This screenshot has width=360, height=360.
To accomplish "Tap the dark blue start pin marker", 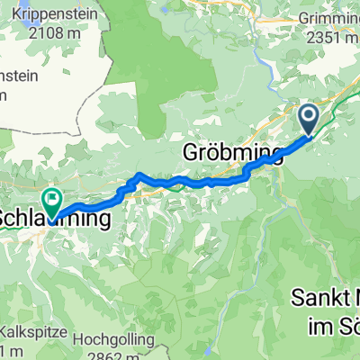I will coord(309,118).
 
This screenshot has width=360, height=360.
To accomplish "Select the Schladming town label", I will coord(56,219).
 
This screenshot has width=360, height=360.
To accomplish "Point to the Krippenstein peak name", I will coord(42,19).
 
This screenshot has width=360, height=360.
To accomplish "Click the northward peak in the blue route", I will coord(139,175).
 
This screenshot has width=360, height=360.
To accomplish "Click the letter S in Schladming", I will coord(8,219).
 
